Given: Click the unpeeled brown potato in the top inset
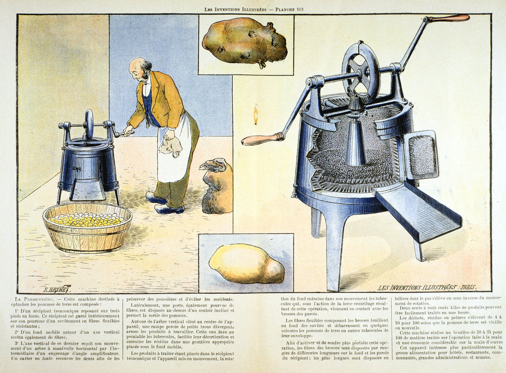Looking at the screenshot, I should pyautogui.click(x=244, y=41).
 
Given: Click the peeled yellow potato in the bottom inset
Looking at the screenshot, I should pyautogui.click(x=246, y=264).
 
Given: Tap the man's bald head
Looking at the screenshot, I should pyautogui.click(x=138, y=65).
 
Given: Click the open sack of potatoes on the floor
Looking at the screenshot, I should pyautogui.click(x=217, y=187).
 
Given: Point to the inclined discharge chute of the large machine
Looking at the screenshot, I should pyautogui.click(x=418, y=212).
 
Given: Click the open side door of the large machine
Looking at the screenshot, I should pyautogui.click(x=421, y=155).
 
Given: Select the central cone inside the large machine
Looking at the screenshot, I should pyautogui.click(x=356, y=143).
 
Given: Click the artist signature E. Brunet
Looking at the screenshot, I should pyautogui.click(x=56, y=289).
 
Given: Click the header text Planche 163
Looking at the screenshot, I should pyautogui.click(x=292, y=9).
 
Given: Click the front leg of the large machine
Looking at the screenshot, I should pyautogui.click(x=335, y=252).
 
